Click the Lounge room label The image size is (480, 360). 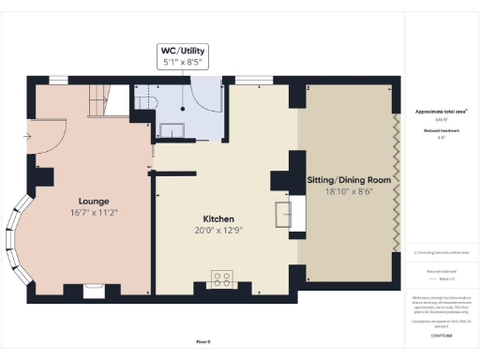(x=94, y=201)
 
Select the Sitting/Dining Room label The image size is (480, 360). (x=348, y=178)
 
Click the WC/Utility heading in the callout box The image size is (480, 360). (x=182, y=50)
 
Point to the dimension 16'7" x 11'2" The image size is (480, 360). (x=94, y=213)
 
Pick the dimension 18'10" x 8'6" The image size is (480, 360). (x=348, y=190)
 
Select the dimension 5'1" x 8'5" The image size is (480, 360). (x=182, y=63)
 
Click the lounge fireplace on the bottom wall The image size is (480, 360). (x=94, y=290)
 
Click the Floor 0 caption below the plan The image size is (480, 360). (x=205, y=341)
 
